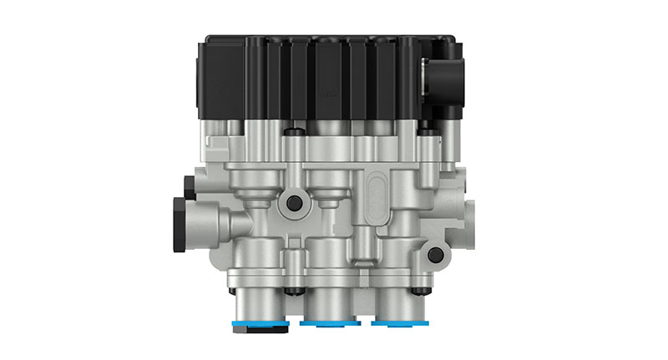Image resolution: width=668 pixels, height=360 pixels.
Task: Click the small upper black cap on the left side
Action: pos(190,185)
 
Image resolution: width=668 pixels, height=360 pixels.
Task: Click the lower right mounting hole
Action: pos(435,256)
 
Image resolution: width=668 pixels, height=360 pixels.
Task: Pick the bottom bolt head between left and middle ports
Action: pos(291,291)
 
